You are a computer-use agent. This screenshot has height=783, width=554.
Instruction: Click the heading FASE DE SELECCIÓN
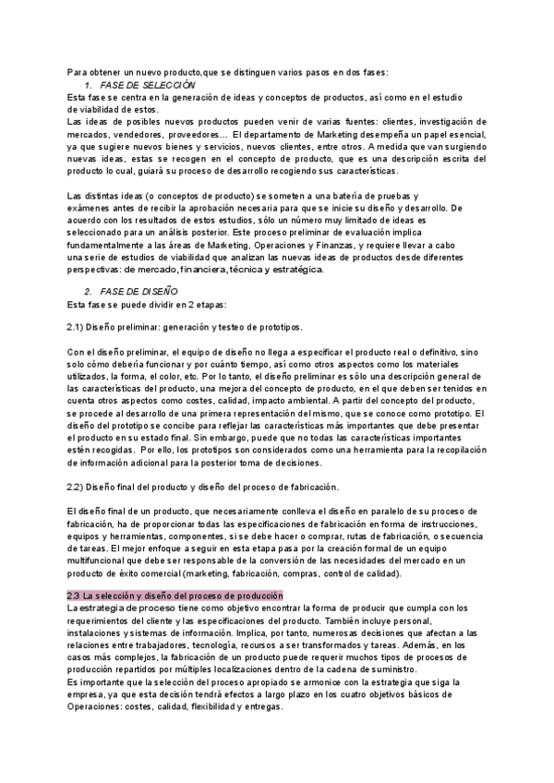(144, 85)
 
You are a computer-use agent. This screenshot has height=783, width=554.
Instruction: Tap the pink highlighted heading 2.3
(175, 596)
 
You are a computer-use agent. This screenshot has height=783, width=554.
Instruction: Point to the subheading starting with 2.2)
(202, 487)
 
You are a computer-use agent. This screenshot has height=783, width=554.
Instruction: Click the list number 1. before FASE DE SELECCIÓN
(88, 85)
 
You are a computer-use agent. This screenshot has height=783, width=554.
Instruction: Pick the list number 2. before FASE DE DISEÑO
(88, 291)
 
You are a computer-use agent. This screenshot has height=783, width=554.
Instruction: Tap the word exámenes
(92, 210)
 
